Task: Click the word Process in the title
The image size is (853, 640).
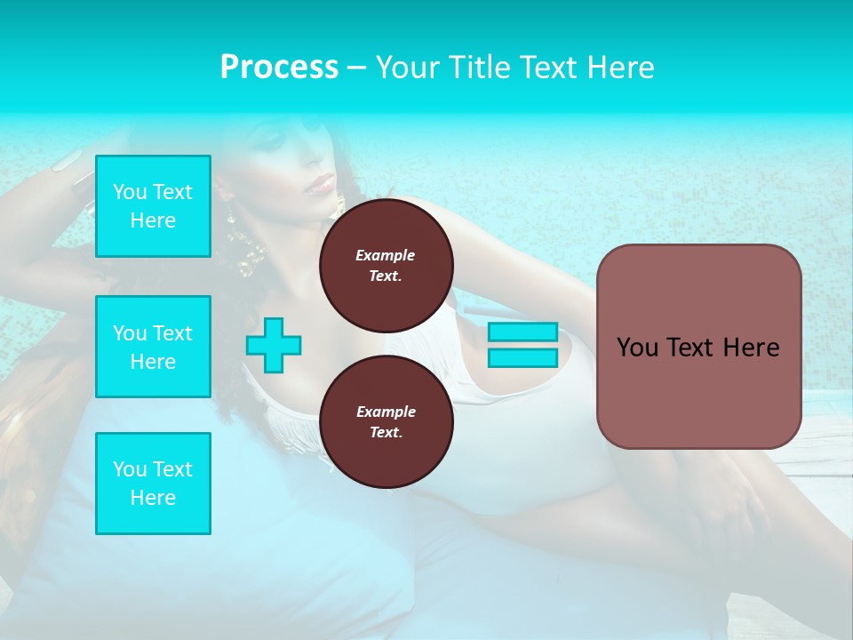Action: tap(279, 68)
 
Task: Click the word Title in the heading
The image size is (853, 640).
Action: tap(477, 68)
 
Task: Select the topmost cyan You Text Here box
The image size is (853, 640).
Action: tap(153, 206)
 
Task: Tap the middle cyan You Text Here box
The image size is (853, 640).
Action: tap(153, 347)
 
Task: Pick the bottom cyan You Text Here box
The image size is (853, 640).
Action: tap(153, 483)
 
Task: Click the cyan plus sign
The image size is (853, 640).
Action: tap(274, 344)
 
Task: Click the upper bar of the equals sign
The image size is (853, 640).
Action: tap(522, 332)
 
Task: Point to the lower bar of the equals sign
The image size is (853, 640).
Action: tap(522, 357)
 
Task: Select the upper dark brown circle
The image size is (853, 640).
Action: tap(386, 265)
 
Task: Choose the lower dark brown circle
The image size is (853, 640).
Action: tap(386, 421)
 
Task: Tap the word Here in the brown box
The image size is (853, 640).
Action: tap(751, 348)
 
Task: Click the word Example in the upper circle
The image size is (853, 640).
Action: tap(386, 255)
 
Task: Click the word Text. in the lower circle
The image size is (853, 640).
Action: tap(386, 432)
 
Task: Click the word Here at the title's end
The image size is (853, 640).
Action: tap(621, 68)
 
